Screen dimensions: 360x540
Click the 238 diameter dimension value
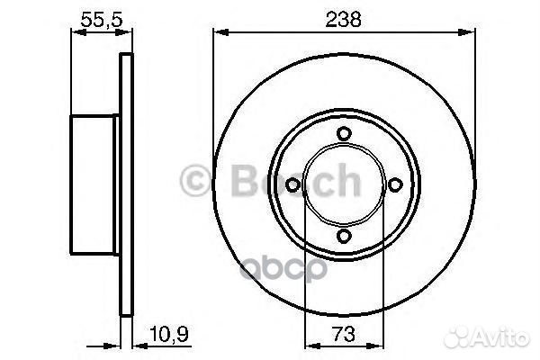[342, 15]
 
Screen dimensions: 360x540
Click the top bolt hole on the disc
[343, 134]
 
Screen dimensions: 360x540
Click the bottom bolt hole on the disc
[343, 236]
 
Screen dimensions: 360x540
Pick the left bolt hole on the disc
[292, 185]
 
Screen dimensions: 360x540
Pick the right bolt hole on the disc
[393, 185]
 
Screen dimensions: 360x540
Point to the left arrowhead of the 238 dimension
[218, 33]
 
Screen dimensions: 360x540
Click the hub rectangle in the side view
[95, 185]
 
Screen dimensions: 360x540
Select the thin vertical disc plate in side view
[126, 185]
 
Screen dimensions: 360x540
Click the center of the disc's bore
[343, 185]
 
